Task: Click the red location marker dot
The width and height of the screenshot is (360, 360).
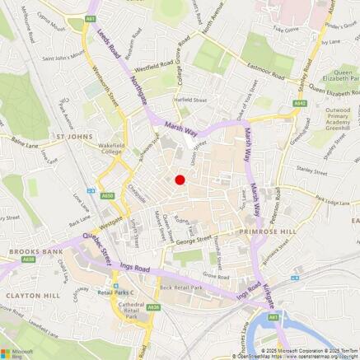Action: (x=180, y=180)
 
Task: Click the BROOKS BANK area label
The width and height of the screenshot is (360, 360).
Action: (x=30, y=250)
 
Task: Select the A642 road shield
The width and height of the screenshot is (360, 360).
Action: (x=302, y=103)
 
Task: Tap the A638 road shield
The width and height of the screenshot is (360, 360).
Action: (x=30, y=259)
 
